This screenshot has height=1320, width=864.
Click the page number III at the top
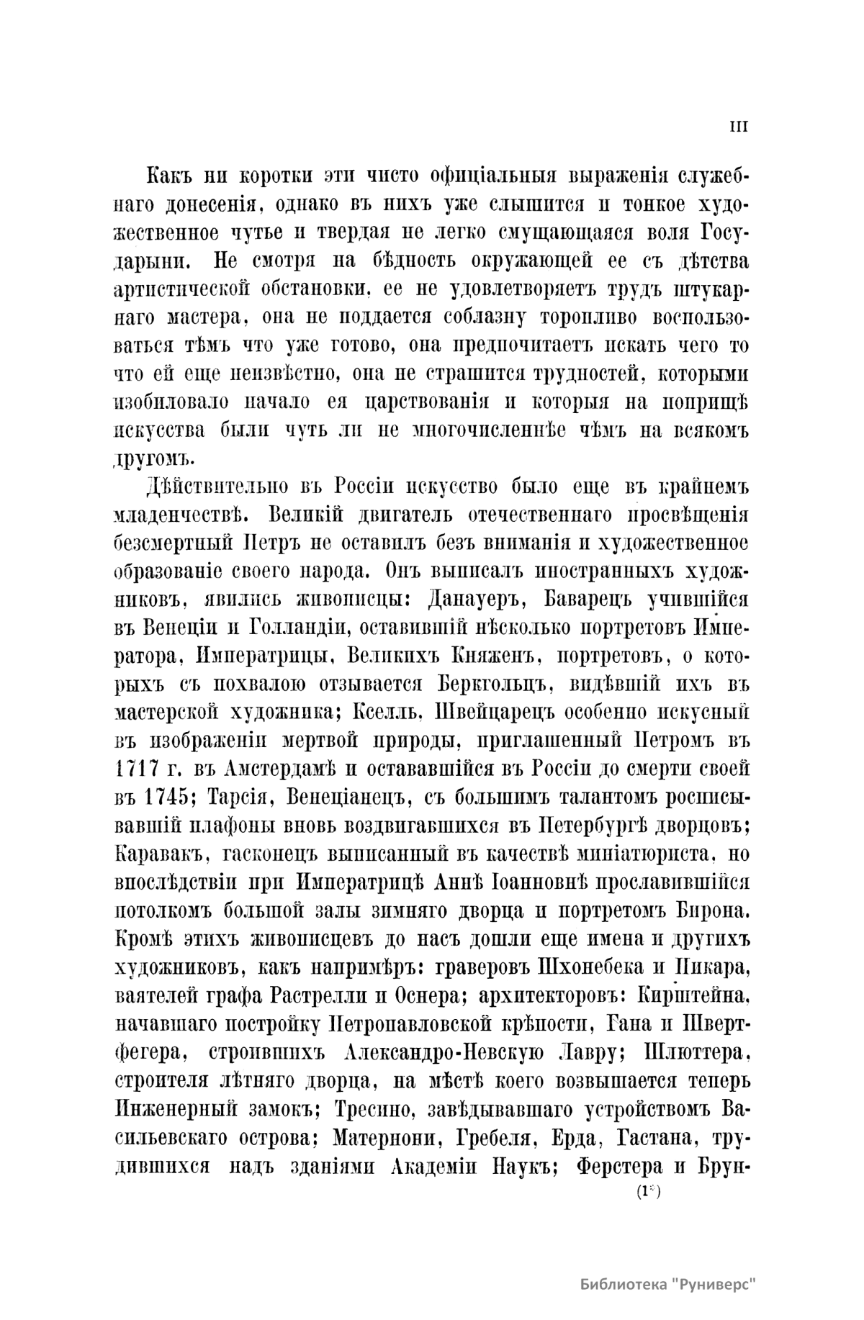tap(739, 127)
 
